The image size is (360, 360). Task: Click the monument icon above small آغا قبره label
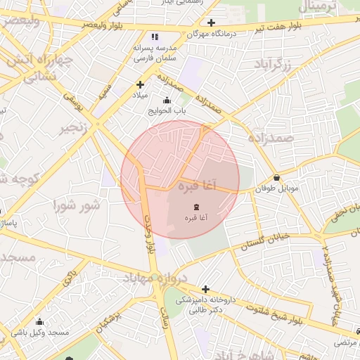click(195, 207)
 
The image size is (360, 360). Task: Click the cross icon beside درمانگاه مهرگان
click(210, 22)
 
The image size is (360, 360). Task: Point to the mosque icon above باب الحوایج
click(167, 100)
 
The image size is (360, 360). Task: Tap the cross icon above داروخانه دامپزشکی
click(205, 288)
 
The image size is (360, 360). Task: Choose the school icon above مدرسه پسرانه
click(155, 37)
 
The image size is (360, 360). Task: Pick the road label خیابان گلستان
click(265, 242)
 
